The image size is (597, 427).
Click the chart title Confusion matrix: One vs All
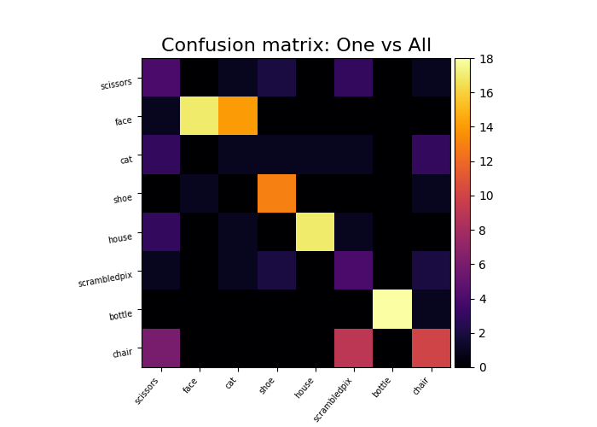click(x=296, y=45)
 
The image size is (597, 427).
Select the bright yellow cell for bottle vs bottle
click(x=391, y=309)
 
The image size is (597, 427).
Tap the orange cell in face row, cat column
click(x=238, y=116)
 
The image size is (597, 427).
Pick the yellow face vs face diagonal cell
click(x=200, y=116)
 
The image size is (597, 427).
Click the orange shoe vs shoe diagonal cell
click(x=276, y=193)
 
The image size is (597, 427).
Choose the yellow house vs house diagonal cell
click(x=315, y=232)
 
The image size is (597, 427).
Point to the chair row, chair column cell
click(x=430, y=348)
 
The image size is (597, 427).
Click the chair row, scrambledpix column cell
click(x=353, y=348)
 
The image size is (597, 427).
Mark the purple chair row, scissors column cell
click(x=161, y=348)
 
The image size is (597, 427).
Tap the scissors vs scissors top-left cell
click(x=161, y=78)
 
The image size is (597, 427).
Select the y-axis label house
click(x=120, y=238)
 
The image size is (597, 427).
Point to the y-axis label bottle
click(x=120, y=315)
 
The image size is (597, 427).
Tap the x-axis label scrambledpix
click(x=333, y=397)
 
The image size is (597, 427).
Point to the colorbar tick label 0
click(x=482, y=366)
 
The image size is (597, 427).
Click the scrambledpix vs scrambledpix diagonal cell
click(x=353, y=271)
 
